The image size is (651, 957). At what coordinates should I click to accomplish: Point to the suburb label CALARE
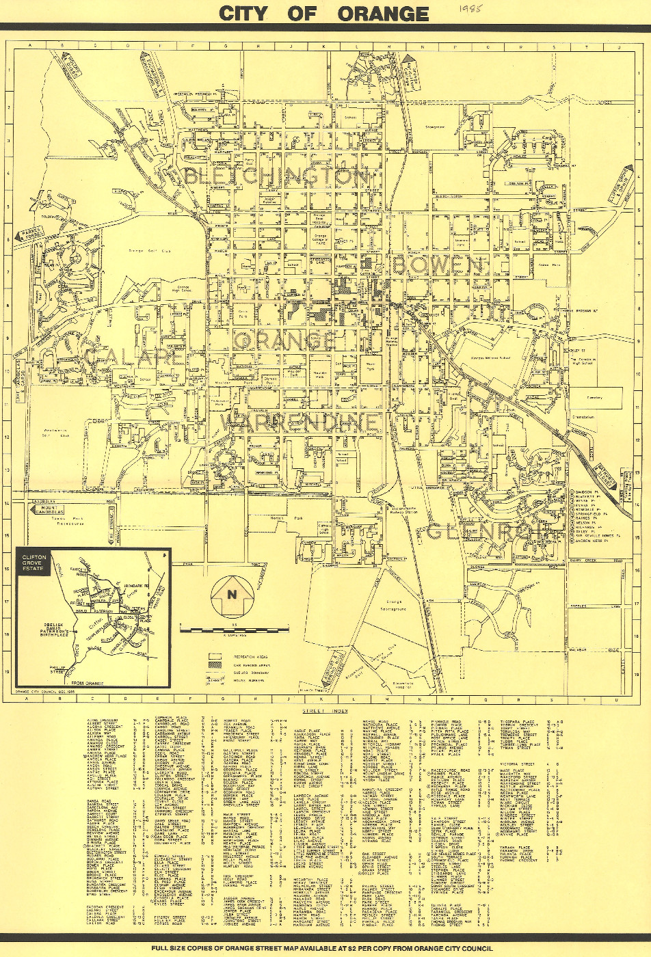click(134, 357)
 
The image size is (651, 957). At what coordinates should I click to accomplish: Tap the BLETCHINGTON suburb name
click(276, 176)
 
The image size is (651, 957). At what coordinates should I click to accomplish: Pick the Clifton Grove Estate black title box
click(33, 563)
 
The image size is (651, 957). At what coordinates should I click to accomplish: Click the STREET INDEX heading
click(323, 712)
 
